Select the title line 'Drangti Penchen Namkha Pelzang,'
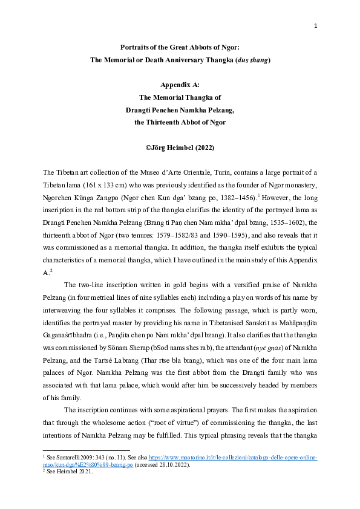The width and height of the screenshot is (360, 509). tap(180, 110)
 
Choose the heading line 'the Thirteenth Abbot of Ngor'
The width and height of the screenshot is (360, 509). tap(180, 122)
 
